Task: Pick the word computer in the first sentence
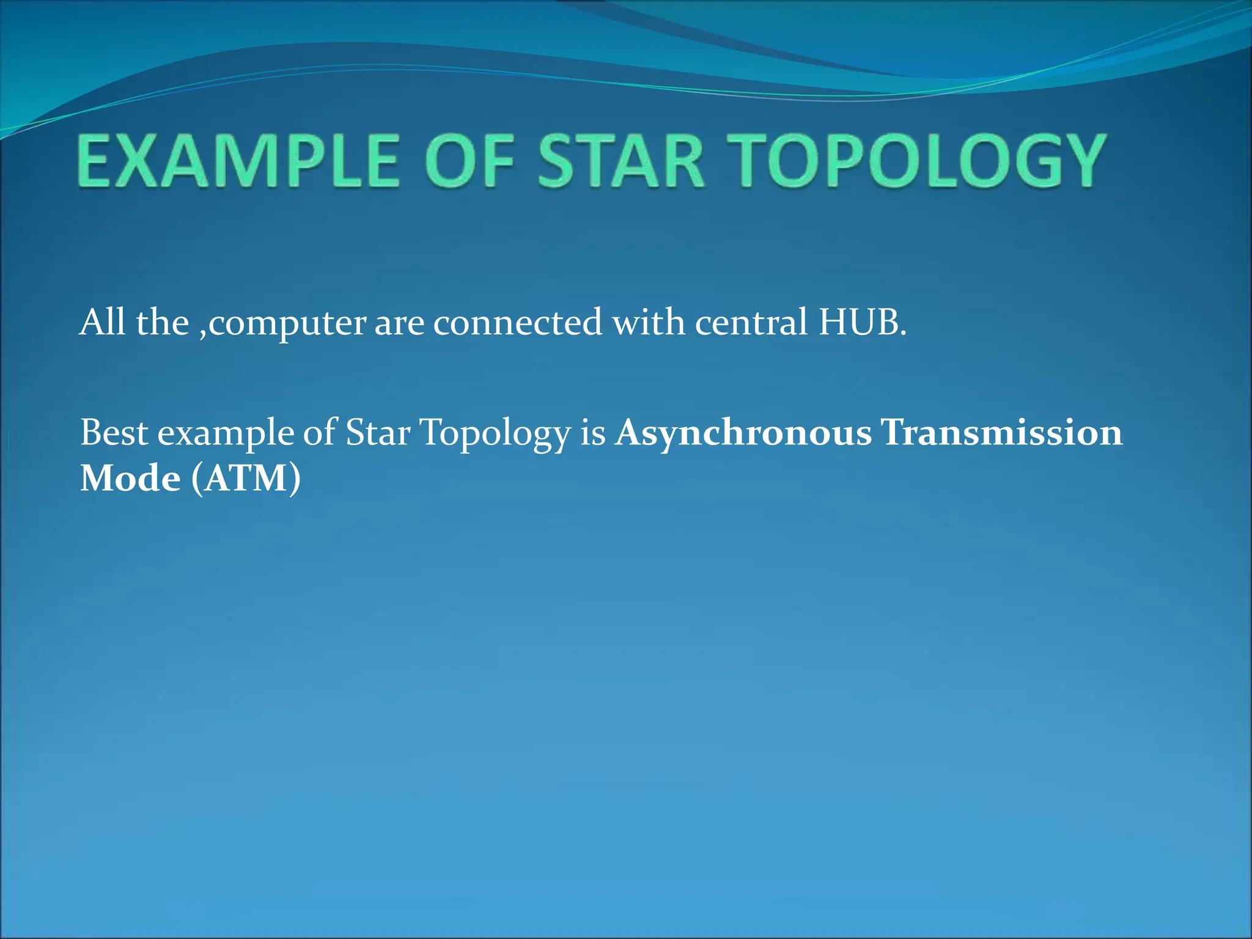[287, 323]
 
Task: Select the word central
[751, 322]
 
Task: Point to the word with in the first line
[649, 322]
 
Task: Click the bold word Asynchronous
[743, 433]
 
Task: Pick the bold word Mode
[130, 478]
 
